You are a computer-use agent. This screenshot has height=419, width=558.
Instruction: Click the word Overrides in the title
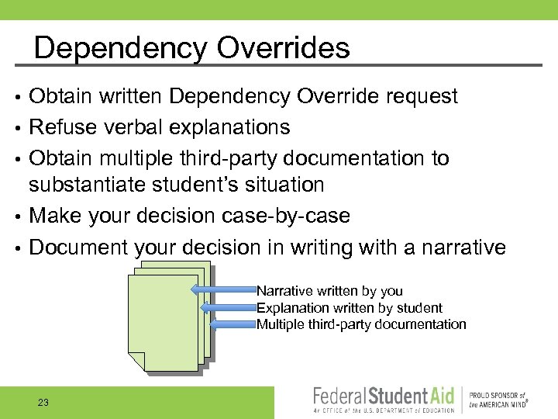click(x=283, y=48)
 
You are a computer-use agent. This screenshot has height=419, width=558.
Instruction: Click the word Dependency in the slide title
click(x=121, y=48)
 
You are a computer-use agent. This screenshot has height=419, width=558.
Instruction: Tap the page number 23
click(x=43, y=402)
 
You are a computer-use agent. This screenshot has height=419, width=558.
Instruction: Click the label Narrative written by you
click(x=329, y=291)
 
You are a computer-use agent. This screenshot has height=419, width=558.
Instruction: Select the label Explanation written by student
click(x=350, y=308)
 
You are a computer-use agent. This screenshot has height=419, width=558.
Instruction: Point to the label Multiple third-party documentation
click(x=361, y=324)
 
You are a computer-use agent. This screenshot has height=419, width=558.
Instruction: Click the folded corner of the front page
click(x=136, y=361)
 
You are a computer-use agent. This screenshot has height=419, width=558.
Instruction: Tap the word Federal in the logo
click(x=342, y=396)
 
